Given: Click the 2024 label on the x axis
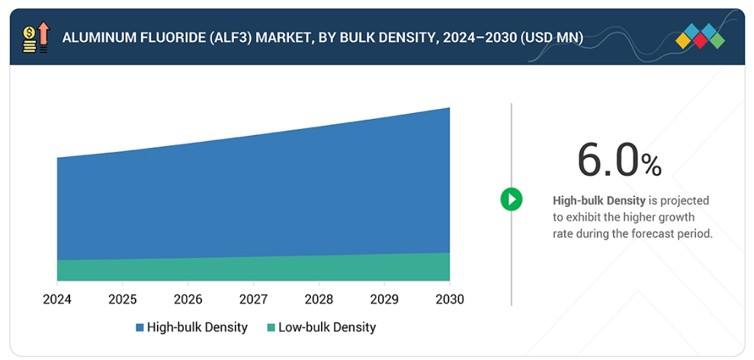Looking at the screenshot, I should [57, 300].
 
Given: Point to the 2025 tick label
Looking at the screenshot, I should [123, 300].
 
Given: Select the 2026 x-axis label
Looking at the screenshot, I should [188, 300].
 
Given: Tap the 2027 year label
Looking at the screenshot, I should [253, 300].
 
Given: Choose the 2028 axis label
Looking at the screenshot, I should [319, 300].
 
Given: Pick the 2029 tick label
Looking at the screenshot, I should [384, 300].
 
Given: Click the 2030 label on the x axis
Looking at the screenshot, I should [449, 300].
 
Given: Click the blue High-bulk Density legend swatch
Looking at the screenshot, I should [140, 328].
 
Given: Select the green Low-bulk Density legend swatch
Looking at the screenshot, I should [271, 328].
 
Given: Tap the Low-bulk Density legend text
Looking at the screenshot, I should [327, 327].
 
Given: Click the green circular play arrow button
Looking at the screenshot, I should [511, 200].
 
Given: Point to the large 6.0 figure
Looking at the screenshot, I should [607, 159].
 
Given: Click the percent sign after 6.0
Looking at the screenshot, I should [651, 165].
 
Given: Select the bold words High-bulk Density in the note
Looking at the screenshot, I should [598, 201].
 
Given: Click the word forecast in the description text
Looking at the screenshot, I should [644, 234].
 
